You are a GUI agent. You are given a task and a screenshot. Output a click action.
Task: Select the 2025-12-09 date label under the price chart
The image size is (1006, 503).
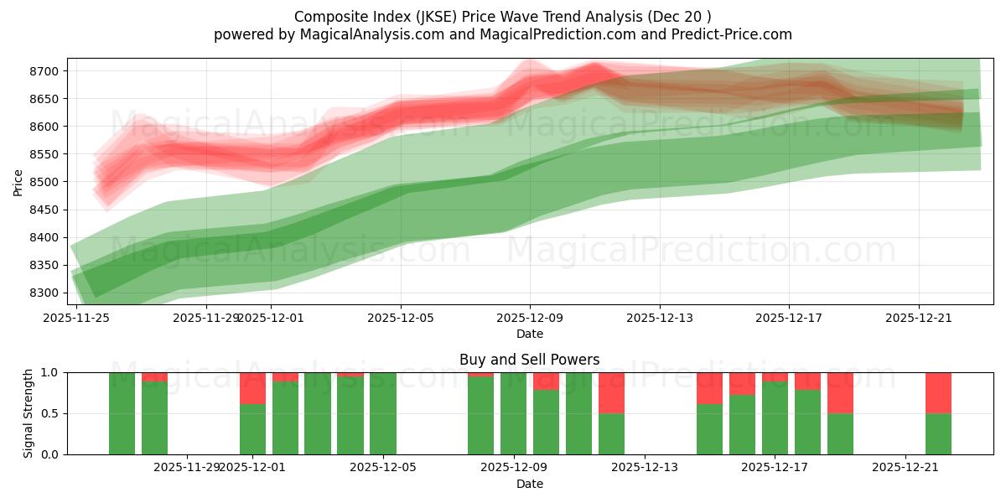[x=530, y=318]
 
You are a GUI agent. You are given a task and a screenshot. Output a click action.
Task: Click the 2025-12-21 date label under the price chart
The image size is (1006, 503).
[x=919, y=318]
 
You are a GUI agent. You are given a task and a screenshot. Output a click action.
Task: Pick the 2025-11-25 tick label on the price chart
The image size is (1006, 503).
[x=77, y=318]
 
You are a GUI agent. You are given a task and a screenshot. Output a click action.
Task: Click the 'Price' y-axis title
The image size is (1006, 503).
[x=18, y=181]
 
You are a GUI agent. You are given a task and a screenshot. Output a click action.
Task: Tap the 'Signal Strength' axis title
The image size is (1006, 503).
[x=29, y=412]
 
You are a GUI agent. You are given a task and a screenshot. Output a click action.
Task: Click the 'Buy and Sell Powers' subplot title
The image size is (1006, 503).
[x=529, y=360]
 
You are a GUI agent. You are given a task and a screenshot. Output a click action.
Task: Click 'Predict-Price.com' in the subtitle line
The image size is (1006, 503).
[x=728, y=34]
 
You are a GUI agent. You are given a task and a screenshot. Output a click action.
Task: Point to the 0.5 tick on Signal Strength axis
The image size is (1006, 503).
[x=50, y=413]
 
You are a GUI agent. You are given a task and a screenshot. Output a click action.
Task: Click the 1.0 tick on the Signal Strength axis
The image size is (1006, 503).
[x=50, y=372]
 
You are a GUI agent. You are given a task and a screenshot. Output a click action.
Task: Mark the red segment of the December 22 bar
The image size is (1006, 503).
[x=938, y=392]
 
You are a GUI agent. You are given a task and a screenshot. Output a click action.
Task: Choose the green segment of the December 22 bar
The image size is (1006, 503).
[x=938, y=433]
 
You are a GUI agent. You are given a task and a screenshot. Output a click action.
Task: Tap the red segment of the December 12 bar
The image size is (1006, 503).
[x=611, y=392]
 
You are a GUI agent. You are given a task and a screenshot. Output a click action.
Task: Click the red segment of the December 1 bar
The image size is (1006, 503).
[x=252, y=387]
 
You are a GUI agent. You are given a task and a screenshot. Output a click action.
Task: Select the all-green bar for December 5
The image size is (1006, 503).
[x=383, y=413]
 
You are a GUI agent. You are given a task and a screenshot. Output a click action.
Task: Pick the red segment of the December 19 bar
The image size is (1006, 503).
[x=840, y=392]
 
